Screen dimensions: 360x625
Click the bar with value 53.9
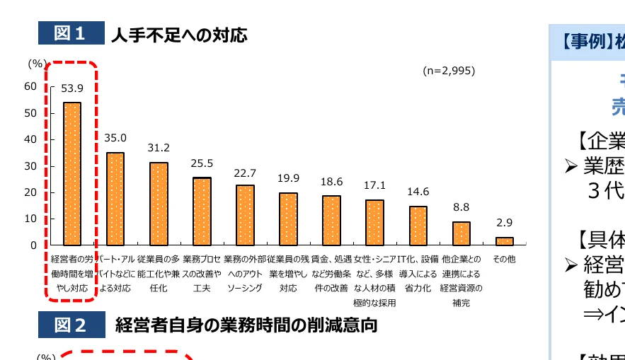click(72, 173)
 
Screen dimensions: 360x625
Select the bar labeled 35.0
click(115, 199)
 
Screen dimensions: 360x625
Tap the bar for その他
click(504, 241)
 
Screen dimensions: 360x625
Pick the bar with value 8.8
click(461, 233)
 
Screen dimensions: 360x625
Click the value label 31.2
click(159, 148)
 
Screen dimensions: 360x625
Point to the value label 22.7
click(245, 173)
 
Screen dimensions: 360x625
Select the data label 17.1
click(374, 185)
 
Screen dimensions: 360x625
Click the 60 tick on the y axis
click(30, 86)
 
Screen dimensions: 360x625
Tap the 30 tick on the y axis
click(30, 166)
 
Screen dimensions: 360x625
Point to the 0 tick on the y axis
click(33, 245)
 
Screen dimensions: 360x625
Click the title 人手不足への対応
click(179, 34)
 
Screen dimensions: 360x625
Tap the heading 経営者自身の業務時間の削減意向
click(246, 325)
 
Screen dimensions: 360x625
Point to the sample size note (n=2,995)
click(449, 71)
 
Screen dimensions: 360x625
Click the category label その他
click(504, 260)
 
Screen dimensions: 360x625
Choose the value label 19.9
click(288, 178)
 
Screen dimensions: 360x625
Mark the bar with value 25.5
click(202, 211)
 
